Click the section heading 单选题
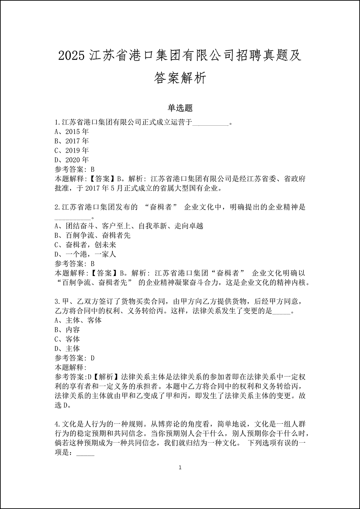click(180, 108)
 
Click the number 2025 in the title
click(72, 56)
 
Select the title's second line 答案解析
click(180, 78)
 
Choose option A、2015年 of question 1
click(72, 132)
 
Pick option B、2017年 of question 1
click(72, 141)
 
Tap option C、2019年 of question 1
click(72, 150)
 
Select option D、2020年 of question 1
click(72, 160)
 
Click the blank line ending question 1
click(211, 123)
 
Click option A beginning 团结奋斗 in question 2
click(129, 226)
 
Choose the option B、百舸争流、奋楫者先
click(92, 235)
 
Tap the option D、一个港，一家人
click(85, 254)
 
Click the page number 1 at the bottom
click(180, 467)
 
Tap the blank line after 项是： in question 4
click(86, 454)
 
